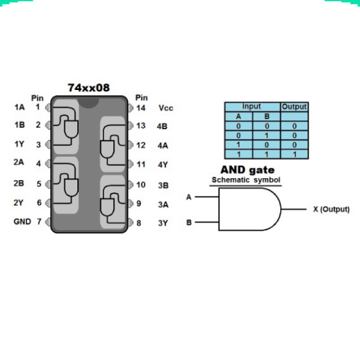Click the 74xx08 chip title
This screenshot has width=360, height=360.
tap(89, 87)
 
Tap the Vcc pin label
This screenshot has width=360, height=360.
tap(166, 108)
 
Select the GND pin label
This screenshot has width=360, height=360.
tap(22, 222)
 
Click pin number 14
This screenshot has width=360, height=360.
tap(141, 108)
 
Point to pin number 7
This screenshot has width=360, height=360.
tap(39, 222)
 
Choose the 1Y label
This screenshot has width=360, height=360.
tap(20, 144)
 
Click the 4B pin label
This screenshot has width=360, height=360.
tap(162, 127)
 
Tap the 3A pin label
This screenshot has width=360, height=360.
tap(163, 205)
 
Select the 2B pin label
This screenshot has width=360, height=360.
tap(19, 183)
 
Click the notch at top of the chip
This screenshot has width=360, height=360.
tap(89, 103)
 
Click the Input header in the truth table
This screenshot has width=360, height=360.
tap(251, 106)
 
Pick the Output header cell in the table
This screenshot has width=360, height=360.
tap(294, 107)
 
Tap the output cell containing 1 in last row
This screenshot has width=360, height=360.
tap(295, 154)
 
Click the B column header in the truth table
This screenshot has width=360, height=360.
tap(267, 116)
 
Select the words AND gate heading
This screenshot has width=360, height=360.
tap(247, 170)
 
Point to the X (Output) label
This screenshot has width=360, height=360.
tap(331, 209)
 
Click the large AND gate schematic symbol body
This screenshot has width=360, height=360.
tap(250, 209)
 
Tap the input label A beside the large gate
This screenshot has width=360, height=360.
tap(189, 197)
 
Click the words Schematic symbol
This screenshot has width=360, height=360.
tap(246, 180)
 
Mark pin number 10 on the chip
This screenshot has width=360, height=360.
tap(141, 185)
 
